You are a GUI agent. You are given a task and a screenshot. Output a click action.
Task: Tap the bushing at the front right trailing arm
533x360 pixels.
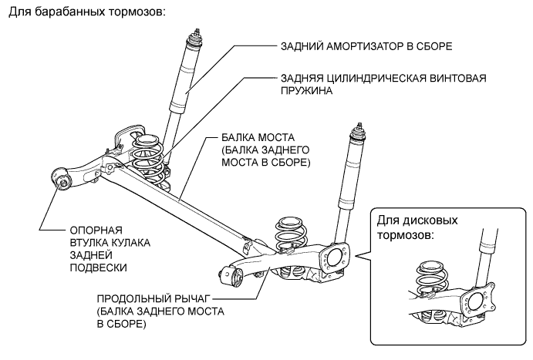[x=232, y=275]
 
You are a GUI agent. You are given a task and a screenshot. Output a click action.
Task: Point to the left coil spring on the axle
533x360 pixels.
[x=147, y=158]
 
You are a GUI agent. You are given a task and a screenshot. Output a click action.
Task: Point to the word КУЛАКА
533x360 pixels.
[x=124, y=243]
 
